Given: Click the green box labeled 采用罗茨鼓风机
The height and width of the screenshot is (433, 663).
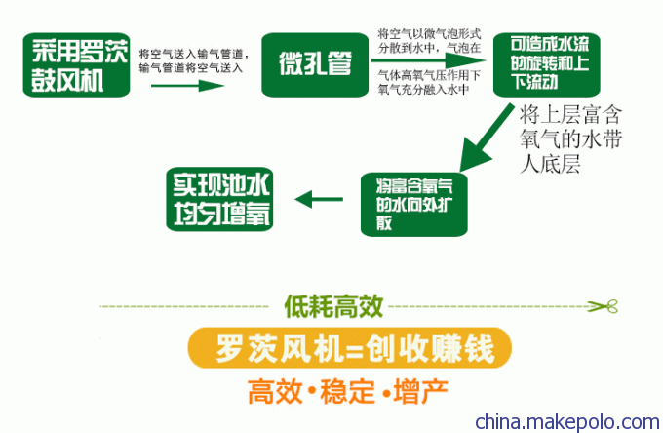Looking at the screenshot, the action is [x=76, y=64].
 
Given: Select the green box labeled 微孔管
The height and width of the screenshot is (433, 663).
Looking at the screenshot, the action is [x=315, y=64].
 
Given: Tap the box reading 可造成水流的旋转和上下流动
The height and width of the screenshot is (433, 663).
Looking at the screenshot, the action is [x=547, y=64].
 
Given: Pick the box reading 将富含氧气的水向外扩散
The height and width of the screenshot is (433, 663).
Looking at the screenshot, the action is [x=414, y=204].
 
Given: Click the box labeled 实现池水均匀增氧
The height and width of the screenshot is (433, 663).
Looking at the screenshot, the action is [x=219, y=199].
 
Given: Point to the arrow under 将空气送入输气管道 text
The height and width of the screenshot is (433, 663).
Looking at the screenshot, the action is [x=187, y=86].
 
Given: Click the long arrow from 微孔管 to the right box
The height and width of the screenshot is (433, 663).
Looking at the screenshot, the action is [x=429, y=60].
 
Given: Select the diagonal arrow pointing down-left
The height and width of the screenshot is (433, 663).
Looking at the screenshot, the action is [x=487, y=138].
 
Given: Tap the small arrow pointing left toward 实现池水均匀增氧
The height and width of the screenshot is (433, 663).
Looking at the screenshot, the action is [x=319, y=199].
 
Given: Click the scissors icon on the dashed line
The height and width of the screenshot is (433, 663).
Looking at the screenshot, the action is [x=603, y=306].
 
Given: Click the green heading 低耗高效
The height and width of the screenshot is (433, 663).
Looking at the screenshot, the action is [x=333, y=306].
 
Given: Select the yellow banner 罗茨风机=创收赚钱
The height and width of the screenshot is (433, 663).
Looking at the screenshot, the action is [x=350, y=347].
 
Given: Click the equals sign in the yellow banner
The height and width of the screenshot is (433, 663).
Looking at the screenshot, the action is [x=353, y=349].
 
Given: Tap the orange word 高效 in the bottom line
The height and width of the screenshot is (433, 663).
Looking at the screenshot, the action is [x=275, y=392].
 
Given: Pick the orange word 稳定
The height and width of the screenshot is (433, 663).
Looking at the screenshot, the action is [x=347, y=392].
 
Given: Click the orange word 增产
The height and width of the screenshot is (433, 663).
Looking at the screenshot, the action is [x=420, y=392].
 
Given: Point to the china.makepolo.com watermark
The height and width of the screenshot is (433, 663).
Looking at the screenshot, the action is [x=567, y=421].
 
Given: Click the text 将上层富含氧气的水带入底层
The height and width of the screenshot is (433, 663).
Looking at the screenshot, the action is [x=570, y=138].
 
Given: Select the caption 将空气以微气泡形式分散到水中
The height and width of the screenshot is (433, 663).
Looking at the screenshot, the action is [x=429, y=41].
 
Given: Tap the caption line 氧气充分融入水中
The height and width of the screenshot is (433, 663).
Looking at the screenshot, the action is [x=423, y=89].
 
